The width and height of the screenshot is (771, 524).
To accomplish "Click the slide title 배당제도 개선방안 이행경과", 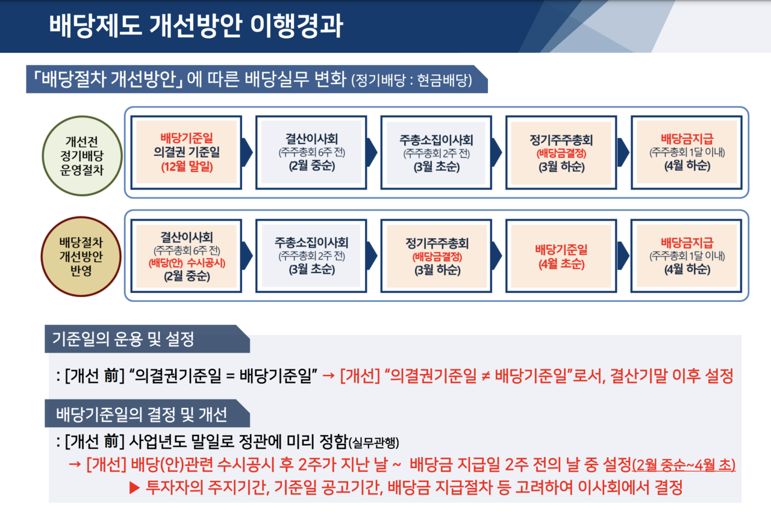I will (196, 27).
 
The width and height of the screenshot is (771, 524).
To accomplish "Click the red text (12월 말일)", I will (187, 167).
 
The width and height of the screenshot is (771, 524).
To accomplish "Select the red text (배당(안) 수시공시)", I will (187, 262).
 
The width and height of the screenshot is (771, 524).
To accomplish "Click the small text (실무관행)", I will (374, 443).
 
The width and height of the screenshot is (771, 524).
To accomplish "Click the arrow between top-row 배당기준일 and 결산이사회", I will (246, 152).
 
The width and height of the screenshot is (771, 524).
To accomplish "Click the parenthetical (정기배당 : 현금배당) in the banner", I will (411, 80).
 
